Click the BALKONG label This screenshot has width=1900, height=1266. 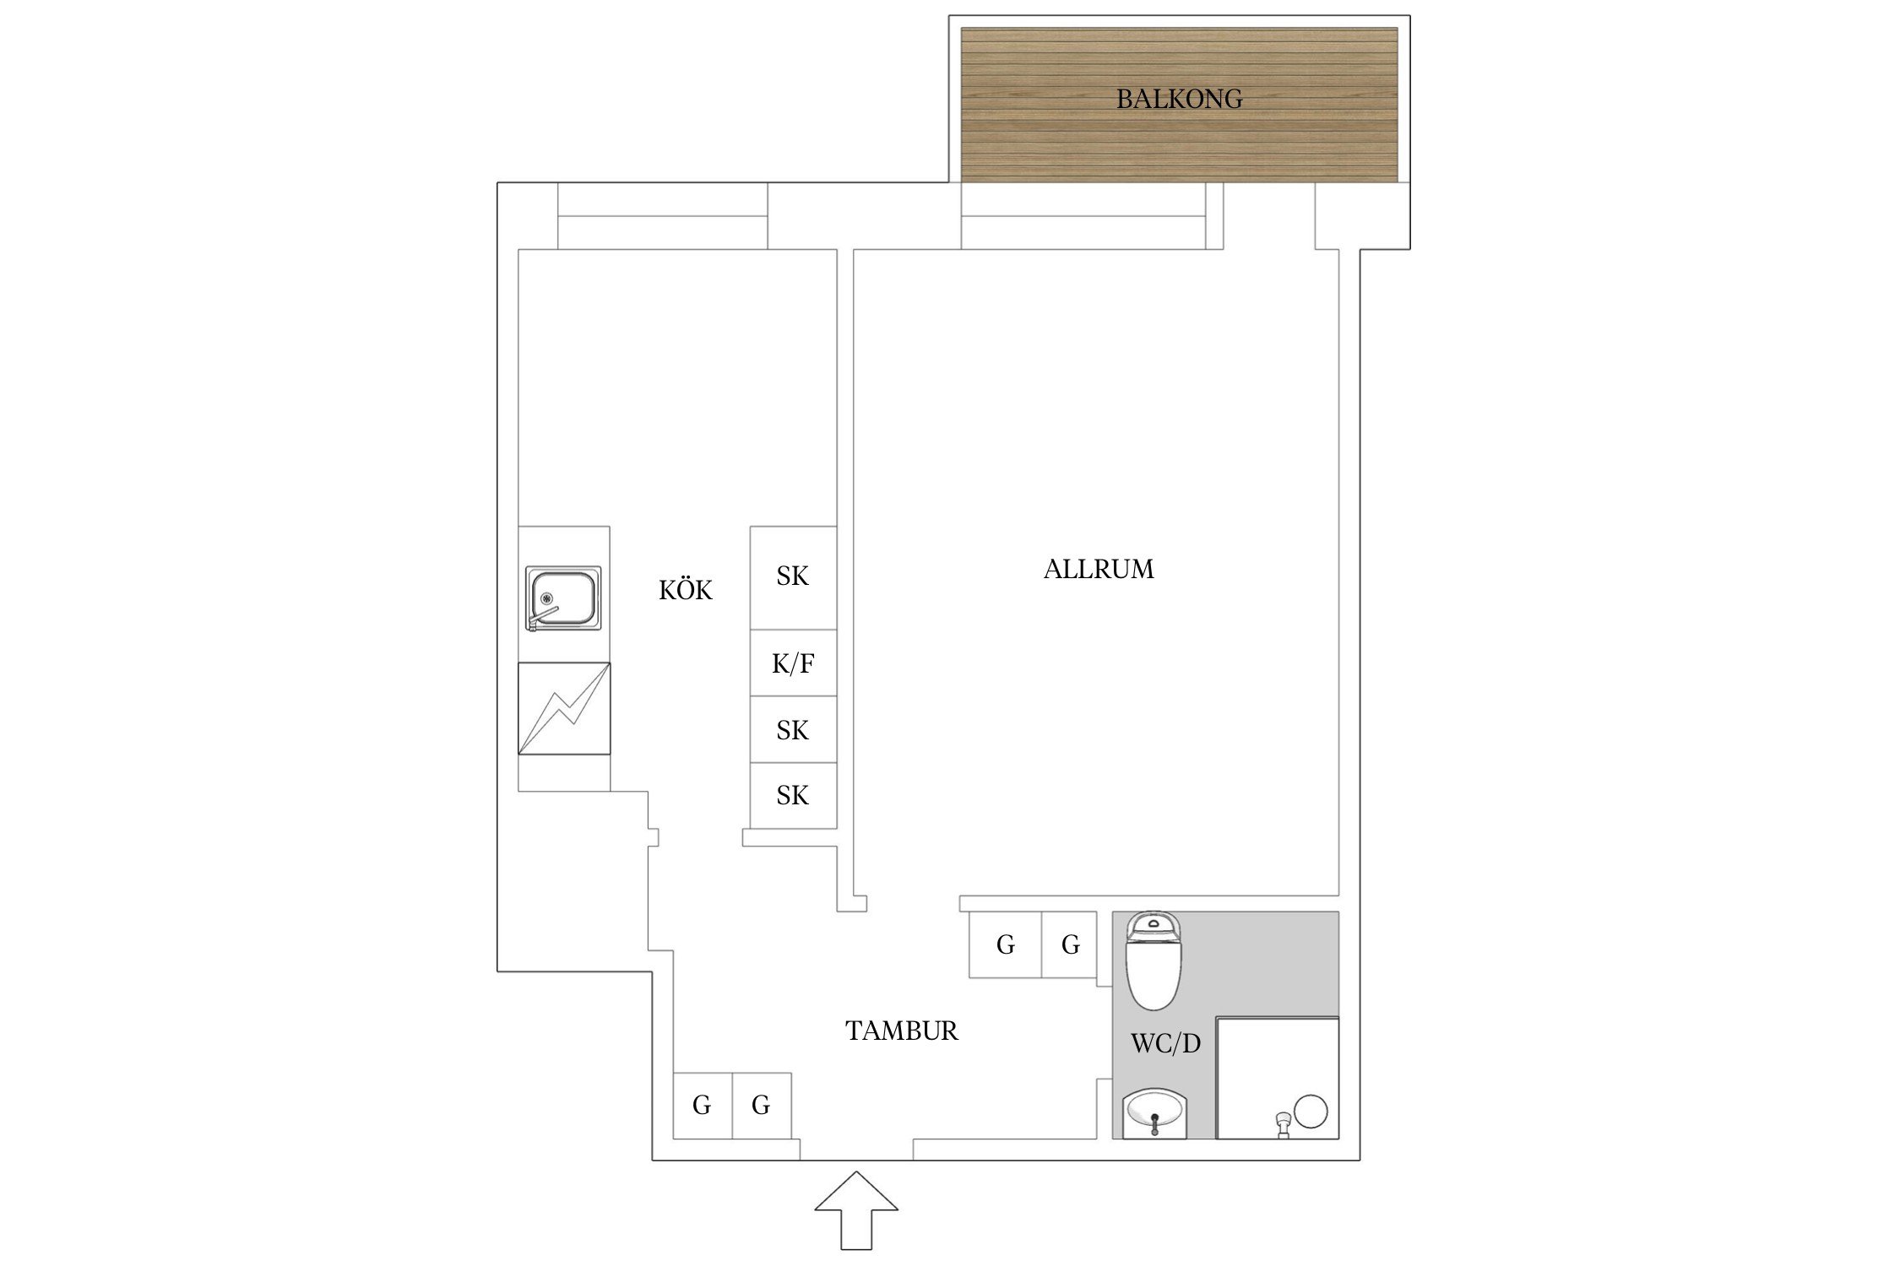tap(1179, 99)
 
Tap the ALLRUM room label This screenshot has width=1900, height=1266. tap(1099, 569)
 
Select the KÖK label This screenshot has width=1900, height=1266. tap(686, 589)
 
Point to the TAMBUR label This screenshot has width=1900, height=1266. tap(902, 1031)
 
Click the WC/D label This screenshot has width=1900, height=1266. tap(1165, 1044)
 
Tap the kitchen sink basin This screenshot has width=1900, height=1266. tap(563, 598)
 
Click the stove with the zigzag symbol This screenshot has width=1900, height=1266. tap(564, 708)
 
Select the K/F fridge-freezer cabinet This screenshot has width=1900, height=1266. tap(793, 663)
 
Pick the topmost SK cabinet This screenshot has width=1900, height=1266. tap(793, 578)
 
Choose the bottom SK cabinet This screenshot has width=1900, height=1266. tap(793, 796)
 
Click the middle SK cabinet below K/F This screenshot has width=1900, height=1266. tap(793, 730)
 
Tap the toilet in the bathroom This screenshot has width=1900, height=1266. tap(1154, 960)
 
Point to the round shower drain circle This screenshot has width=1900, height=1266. tap(1311, 1112)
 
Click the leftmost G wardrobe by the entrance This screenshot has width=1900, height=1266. tap(703, 1106)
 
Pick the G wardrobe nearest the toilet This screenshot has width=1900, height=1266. tap(1069, 944)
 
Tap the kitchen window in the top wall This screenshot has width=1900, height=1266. tap(663, 216)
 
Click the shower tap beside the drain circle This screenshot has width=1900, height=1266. tap(1283, 1124)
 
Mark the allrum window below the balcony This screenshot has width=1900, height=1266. tap(1083, 216)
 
